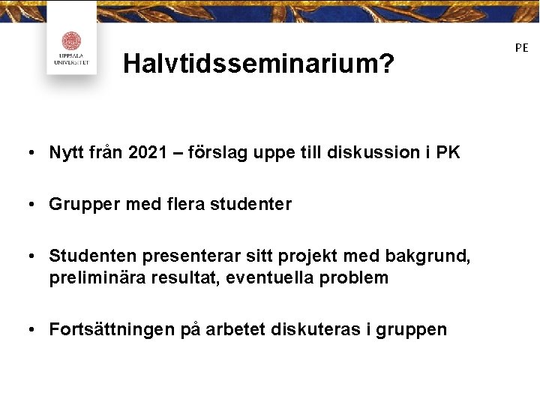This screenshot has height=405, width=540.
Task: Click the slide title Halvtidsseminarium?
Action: pyautogui.click(x=259, y=64)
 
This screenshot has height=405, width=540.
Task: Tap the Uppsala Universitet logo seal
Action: pyautogui.click(x=71, y=42)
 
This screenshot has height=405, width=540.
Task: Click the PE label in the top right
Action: pyautogui.click(x=521, y=47)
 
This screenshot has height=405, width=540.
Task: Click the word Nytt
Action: pyautogui.click(x=66, y=153)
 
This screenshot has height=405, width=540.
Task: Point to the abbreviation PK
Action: pyautogui.click(x=447, y=153)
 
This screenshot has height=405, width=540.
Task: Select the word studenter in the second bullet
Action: pyautogui.click(x=256, y=204)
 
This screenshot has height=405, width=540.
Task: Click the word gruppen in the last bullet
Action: pyautogui.click(x=415, y=329)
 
